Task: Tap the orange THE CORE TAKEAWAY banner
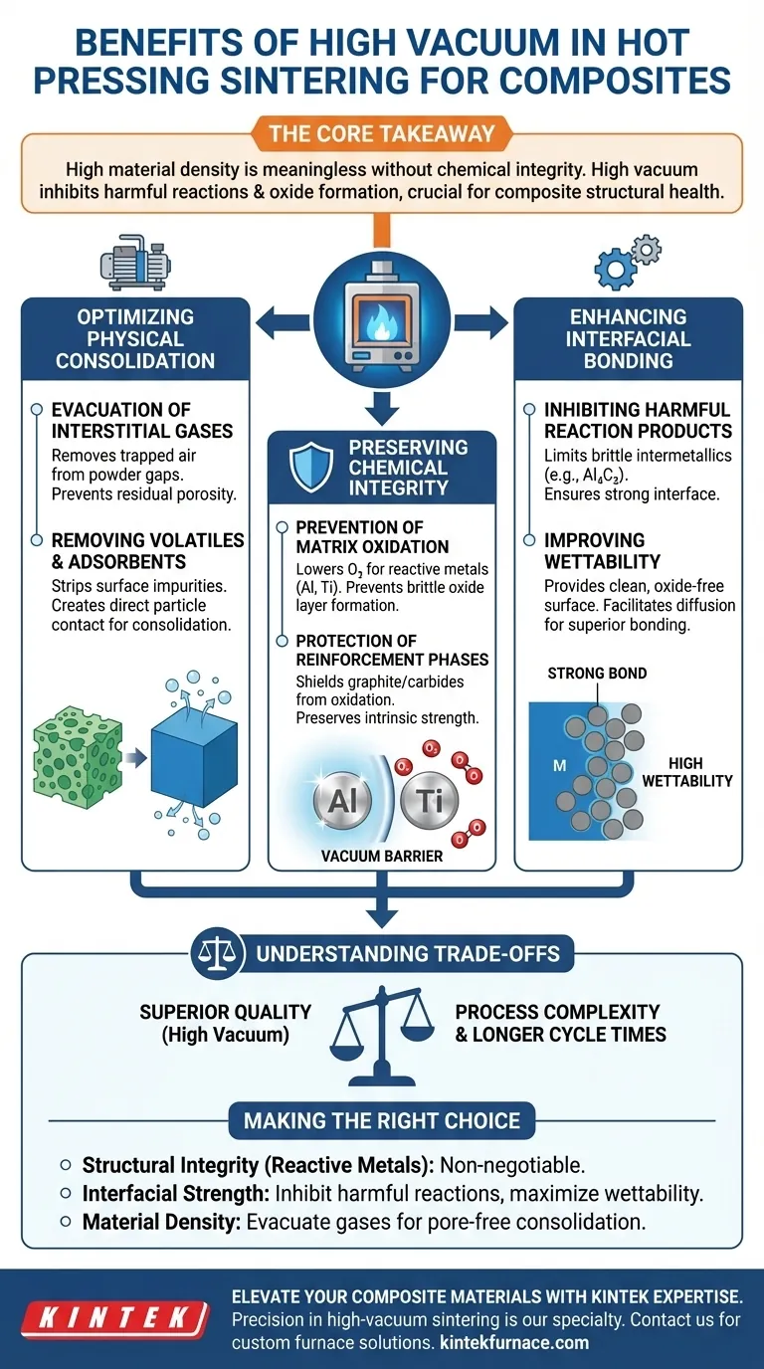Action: pyautogui.click(x=382, y=132)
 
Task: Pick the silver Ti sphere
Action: pyautogui.click(x=430, y=799)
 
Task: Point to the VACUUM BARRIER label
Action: pyautogui.click(x=382, y=856)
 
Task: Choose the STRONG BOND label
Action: pyautogui.click(x=597, y=674)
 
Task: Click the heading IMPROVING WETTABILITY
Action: pyautogui.click(x=595, y=550)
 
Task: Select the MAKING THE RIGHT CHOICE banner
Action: pyautogui.click(x=382, y=1120)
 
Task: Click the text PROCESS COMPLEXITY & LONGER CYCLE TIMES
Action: pyautogui.click(x=560, y=1023)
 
